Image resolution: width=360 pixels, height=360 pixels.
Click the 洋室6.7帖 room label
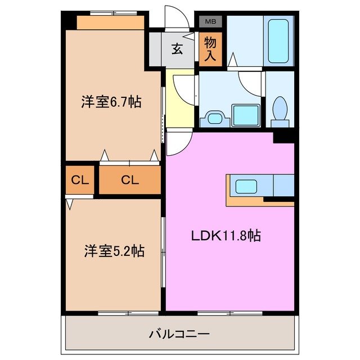click(x=110, y=102)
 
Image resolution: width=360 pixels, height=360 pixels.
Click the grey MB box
click(x=210, y=22)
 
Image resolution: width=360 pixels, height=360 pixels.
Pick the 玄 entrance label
click(x=177, y=49)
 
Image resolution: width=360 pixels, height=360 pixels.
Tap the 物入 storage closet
click(x=210, y=49)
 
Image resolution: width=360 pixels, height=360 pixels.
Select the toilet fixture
click(x=279, y=110)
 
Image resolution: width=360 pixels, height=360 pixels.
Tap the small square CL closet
click(x=79, y=180)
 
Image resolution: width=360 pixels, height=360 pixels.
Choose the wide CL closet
click(x=129, y=180)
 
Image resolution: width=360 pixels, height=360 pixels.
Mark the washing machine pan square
click(x=246, y=114)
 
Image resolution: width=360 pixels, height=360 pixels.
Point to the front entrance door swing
click(x=175, y=17)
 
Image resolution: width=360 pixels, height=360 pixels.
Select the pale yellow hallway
click(x=180, y=98)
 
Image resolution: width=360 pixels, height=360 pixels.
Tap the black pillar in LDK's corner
click(x=284, y=136)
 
